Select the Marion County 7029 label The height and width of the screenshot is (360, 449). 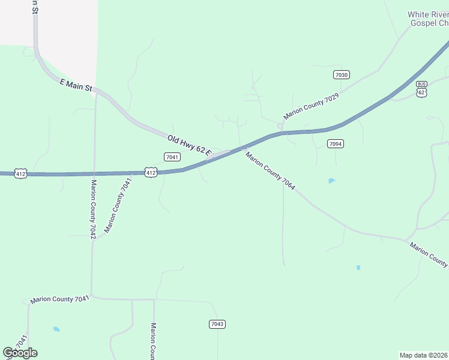click(312, 105)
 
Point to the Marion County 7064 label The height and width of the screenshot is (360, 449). click(270, 170)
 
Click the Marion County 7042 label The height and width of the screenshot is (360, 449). click(93, 209)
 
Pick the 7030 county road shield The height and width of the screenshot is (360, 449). click(342, 74)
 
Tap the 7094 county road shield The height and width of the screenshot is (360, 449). click(336, 143)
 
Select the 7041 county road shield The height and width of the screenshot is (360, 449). click(172, 157)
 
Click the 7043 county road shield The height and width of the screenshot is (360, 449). click(217, 324)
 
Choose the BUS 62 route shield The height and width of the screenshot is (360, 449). click(421, 89)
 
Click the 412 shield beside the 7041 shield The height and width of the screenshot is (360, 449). click(151, 172)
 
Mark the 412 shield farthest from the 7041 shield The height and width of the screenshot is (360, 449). click(21, 173)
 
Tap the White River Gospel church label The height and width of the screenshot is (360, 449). click(428, 19)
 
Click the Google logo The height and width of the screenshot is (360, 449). click(20, 353)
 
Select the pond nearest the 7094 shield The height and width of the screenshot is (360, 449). click(331, 181)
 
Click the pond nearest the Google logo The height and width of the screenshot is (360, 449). click(56, 329)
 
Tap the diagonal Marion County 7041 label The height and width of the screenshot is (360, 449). click(118, 205)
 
